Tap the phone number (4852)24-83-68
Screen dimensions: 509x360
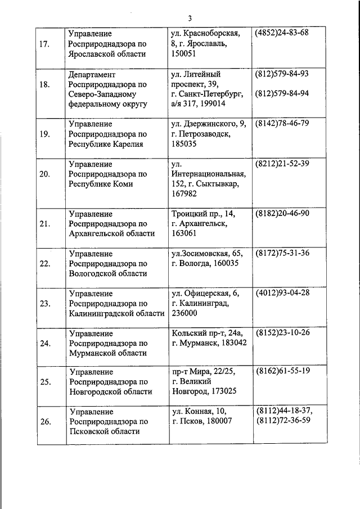[282, 33]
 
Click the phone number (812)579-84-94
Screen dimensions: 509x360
[282, 93]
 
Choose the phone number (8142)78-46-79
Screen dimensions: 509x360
[282, 123]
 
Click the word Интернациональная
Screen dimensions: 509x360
[209, 174]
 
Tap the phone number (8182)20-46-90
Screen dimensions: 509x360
[282, 214]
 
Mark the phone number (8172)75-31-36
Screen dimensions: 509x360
[282, 253]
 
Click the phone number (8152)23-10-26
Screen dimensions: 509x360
[282, 332]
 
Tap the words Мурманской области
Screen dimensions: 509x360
[107, 353]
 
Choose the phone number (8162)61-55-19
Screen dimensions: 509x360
[282, 372]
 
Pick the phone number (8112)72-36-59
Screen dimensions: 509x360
[283, 421]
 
